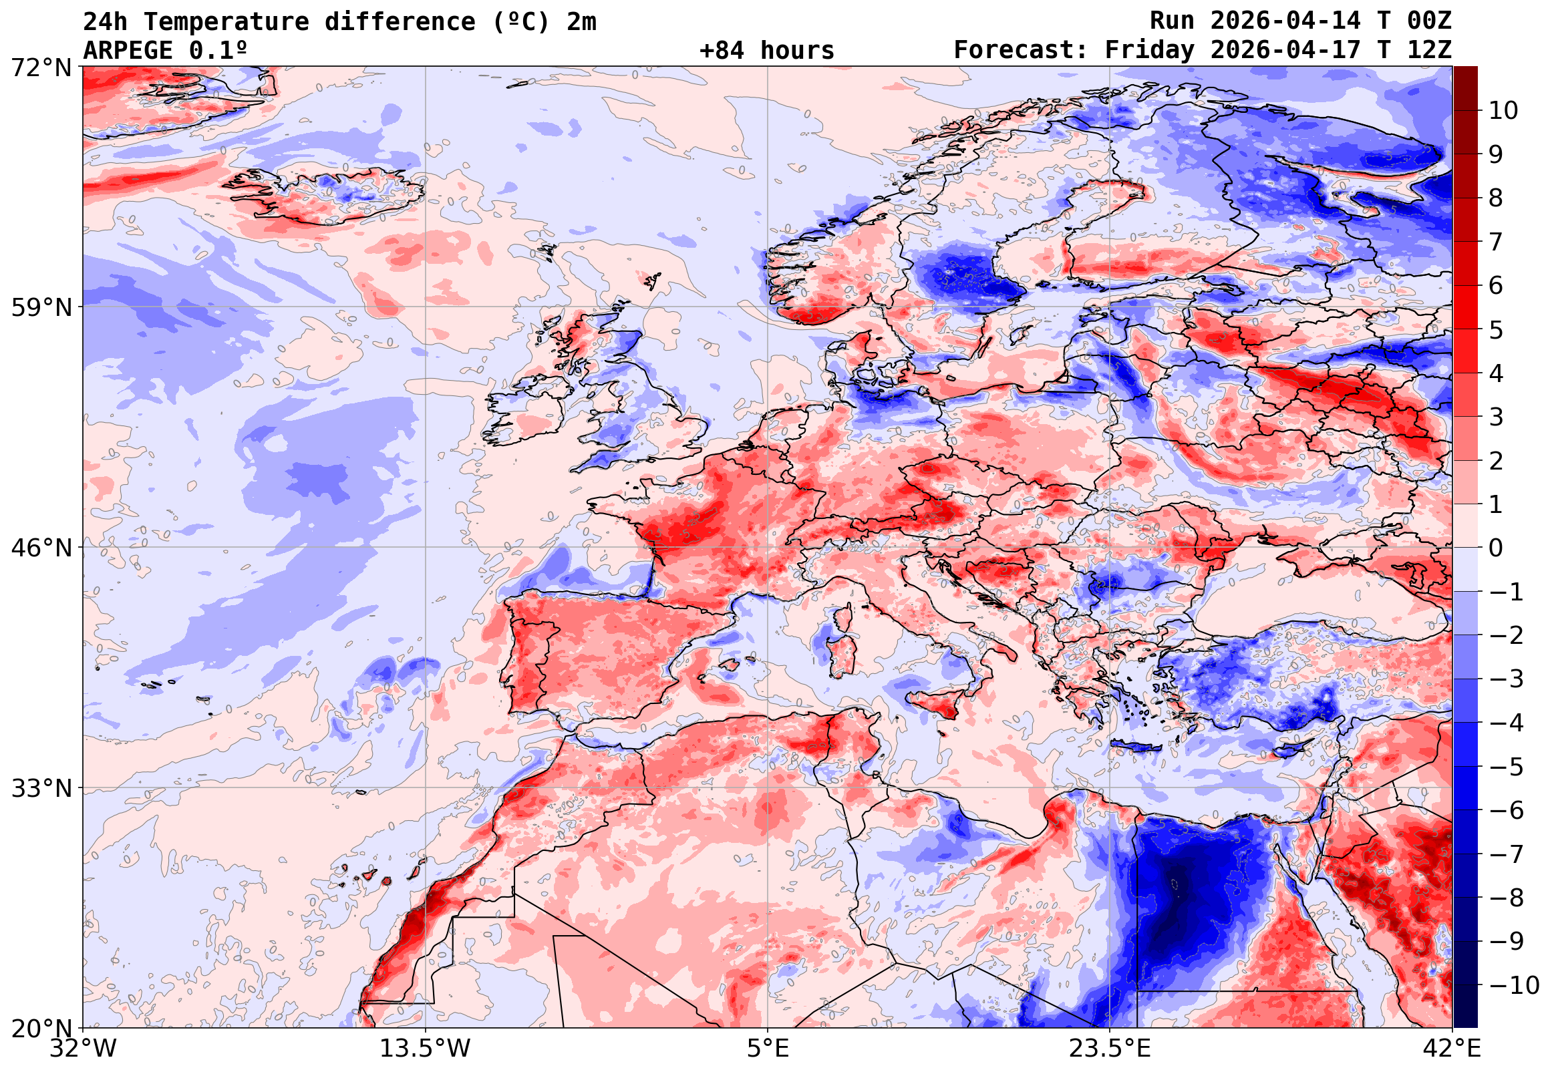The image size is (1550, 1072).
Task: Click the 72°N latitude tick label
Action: (40, 68)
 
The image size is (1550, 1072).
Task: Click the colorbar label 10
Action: (1503, 111)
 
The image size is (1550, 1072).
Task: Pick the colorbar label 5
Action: (1496, 331)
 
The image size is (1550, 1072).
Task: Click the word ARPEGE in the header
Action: (128, 50)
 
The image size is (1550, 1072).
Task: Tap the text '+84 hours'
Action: (766, 50)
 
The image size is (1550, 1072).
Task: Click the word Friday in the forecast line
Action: (1150, 50)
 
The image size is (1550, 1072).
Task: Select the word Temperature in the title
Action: (226, 22)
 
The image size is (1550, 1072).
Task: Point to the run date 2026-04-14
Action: (1285, 21)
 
